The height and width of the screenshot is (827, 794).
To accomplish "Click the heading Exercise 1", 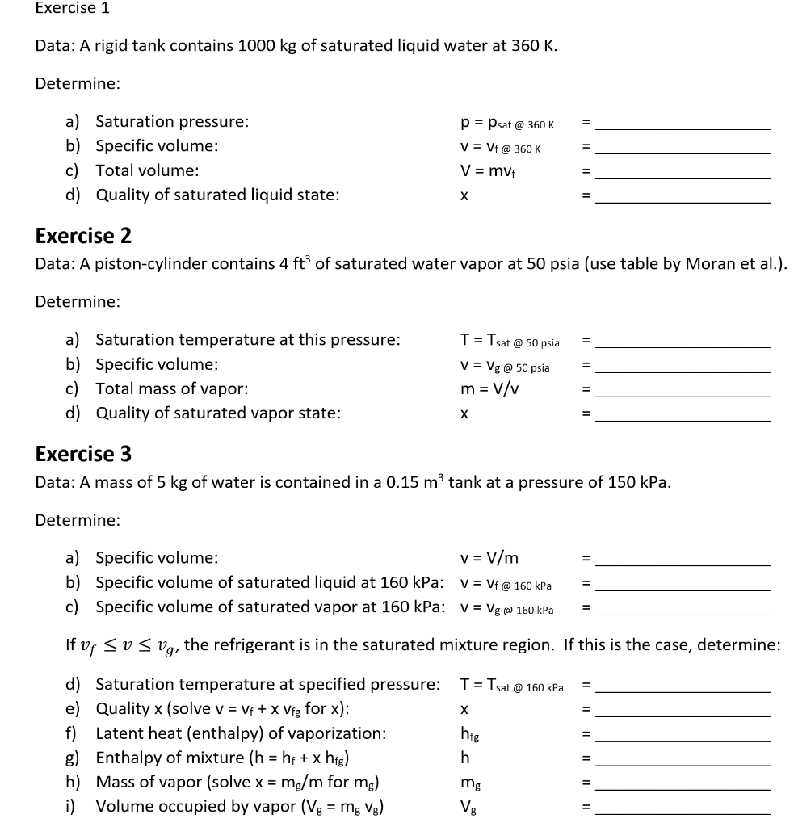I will (x=73, y=9).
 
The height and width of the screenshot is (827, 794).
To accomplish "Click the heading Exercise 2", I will (x=83, y=236).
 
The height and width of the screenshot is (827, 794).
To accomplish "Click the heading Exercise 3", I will (x=83, y=454).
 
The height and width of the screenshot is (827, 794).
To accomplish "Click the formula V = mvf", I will (x=488, y=171).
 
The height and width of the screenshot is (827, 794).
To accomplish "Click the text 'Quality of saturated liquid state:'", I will (x=217, y=195).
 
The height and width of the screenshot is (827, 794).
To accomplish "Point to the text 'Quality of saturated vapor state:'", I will (x=218, y=413).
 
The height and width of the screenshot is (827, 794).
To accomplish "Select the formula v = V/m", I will (x=489, y=558).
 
